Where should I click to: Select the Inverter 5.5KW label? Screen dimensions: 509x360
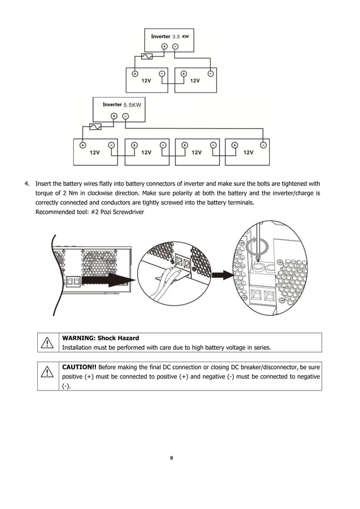pyautogui.click(x=122, y=104)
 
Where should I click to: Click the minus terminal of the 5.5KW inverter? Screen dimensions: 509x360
pyautogui.click(x=125, y=116)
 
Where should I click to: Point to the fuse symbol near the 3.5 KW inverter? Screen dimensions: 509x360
pyautogui.click(x=146, y=57)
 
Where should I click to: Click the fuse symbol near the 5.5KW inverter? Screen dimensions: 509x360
pyautogui.click(x=96, y=127)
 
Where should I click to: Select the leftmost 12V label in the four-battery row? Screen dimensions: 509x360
pyautogui.click(x=95, y=152)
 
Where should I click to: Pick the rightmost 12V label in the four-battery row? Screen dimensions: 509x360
pyautogui.click(x=248, y=152)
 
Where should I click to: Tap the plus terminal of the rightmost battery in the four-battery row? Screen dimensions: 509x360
pyautogui.click(x=234, y=144)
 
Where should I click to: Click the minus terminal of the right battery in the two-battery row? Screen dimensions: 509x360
pyautogui.click(x=210, y=73)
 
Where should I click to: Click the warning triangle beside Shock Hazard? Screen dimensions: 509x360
pyautogui.click(x=48, y=343)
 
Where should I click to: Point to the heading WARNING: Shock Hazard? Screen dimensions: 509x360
pyautogui.click(x=100, y=337)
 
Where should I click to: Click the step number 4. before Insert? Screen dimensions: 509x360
pyautogui.click(x=27, y=183)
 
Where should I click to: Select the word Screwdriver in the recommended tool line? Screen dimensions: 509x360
pyautogui.click(x=128, y=212)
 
